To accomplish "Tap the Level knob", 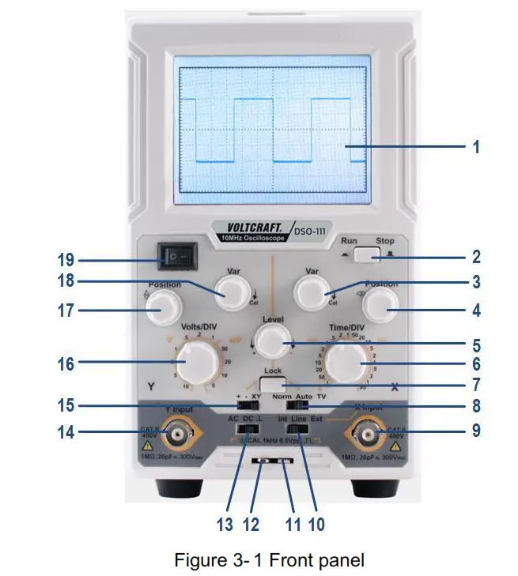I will click(x=272, y=344).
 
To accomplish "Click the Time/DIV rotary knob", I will click(x=345, y=363).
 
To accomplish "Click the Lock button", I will click(x=273, y=384).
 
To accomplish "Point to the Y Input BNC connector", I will click(x=176, y=433).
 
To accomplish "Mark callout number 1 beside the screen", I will click(x=476, y=147).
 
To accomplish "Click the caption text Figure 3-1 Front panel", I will click(x=270, y=560).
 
